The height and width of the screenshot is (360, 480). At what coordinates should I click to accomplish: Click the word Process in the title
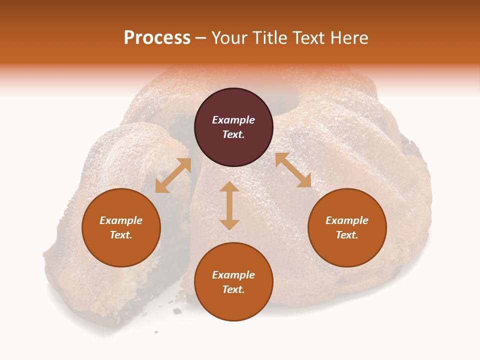click(x=157, y=38)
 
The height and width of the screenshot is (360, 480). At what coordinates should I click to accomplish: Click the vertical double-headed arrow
click(x=229, y=205)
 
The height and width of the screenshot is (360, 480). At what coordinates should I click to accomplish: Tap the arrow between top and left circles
click(x=173, y=175)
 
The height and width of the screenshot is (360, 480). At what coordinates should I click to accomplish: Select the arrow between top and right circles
click(x=293, y=170)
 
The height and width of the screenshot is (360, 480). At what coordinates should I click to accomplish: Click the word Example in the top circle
click(x=233, y=120)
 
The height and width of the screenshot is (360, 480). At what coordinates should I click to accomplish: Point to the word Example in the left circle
click(x=121, y=220)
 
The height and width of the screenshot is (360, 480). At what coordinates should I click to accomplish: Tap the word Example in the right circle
click(x=347, y=220)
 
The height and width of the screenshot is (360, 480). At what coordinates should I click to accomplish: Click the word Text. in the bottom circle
click(x=233, y=289)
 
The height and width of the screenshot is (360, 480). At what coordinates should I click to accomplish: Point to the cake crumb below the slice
click(x=177, y=311)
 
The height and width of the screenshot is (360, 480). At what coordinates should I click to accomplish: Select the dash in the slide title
click(x=201, y=38)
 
